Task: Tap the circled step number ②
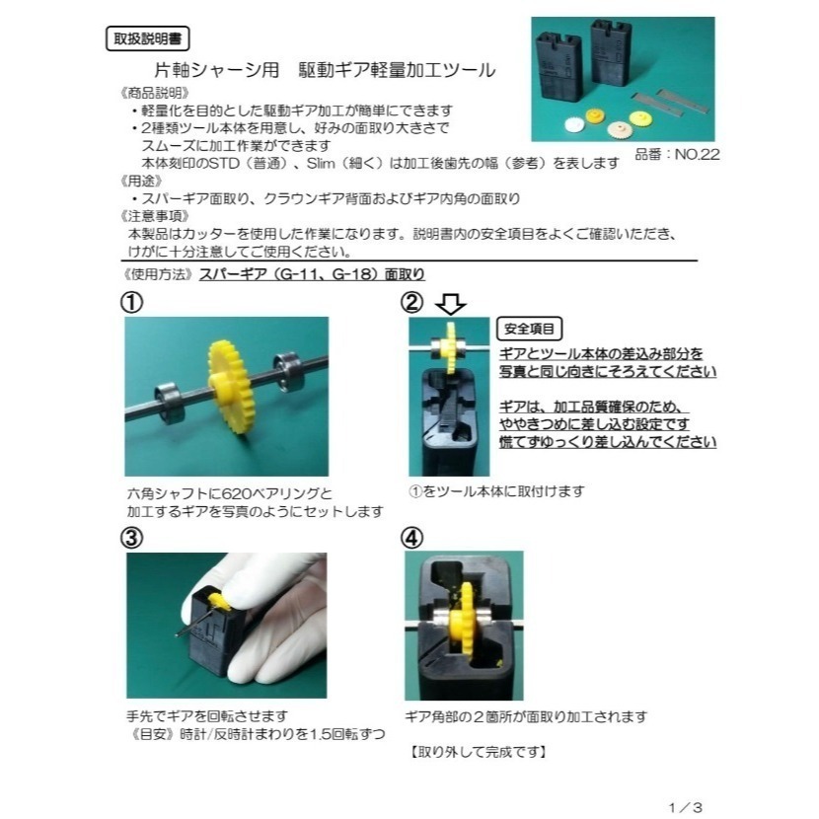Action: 412,302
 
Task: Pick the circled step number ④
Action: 412,538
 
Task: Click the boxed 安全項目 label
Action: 529,329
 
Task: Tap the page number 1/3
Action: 685,806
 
